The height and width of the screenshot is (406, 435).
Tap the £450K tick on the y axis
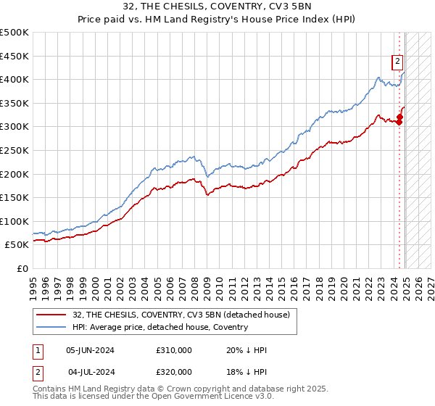point(14,56)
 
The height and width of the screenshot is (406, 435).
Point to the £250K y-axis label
point(14,150)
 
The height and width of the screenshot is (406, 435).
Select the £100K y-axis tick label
point(14,221)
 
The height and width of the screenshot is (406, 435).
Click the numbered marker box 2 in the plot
point(398,62)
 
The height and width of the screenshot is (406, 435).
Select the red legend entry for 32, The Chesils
point(181,315)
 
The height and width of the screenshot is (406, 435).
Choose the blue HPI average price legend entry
point(159,327)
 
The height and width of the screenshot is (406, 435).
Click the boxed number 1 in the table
point(37,350)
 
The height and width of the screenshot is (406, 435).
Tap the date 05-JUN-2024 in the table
point(90,350)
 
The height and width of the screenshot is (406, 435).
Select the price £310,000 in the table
point(174,350)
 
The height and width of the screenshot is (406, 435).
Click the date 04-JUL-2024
point(90,373)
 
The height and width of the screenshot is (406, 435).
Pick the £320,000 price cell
point(174,373)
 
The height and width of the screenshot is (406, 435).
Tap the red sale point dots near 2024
point(399,118)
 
